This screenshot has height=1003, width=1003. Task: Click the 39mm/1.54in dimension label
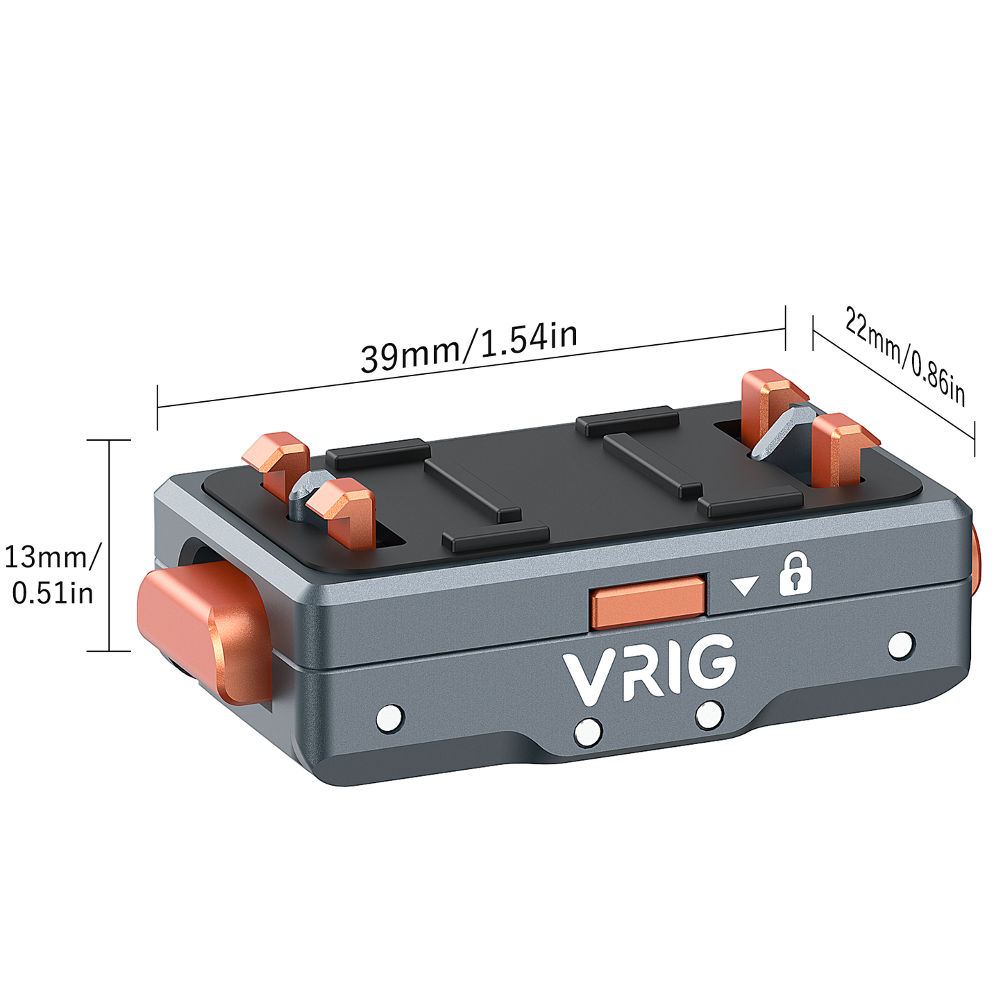coord(469,347)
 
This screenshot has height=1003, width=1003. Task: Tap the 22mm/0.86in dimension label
coord(904,356)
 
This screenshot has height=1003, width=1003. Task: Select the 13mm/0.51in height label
coord(52,575)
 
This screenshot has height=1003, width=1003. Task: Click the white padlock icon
coord(795,573)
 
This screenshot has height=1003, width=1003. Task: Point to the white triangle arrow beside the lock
coord(745,587)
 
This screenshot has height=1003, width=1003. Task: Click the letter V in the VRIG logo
coord(587,677)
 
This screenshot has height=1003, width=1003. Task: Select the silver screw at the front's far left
coord(389,718)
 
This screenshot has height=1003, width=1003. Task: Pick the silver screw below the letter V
coord(589,731)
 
